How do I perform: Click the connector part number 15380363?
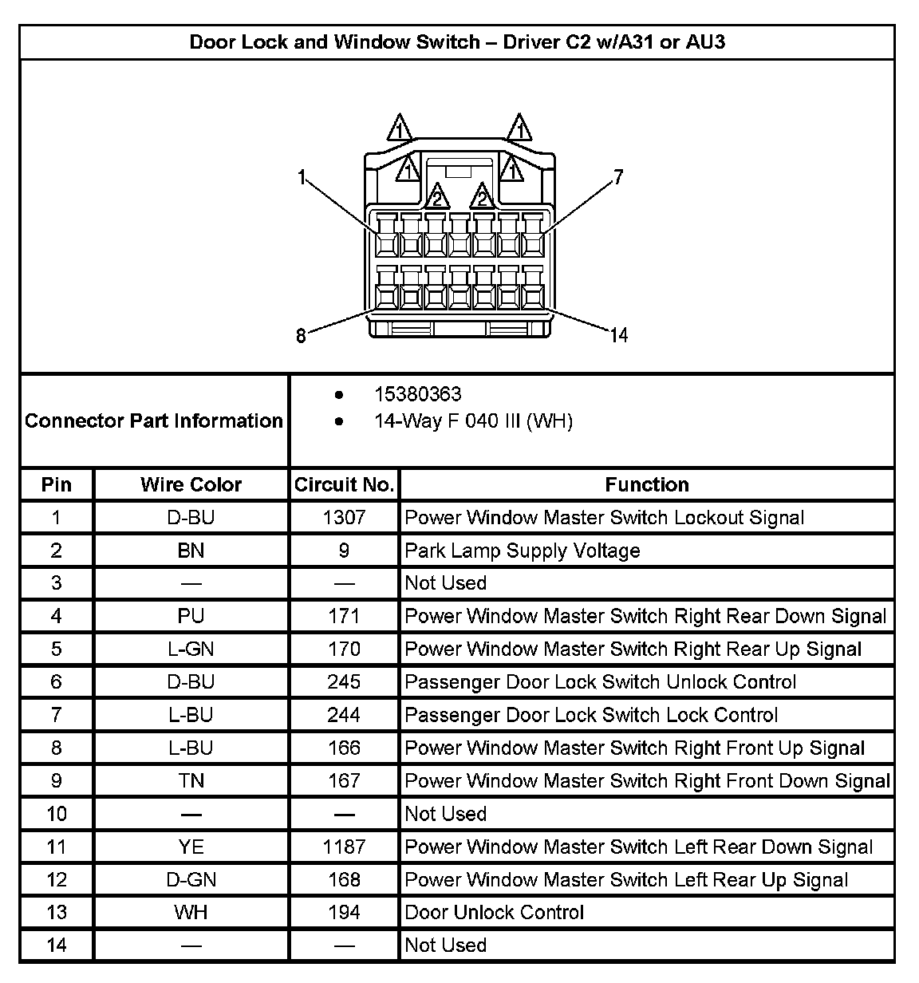click(x=417, y=394)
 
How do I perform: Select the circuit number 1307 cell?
click(x=344, y=518)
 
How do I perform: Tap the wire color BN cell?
click(x=191, y=551)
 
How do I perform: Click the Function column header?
click(x=646, y=484)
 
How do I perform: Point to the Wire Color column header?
click(x=191, y=484)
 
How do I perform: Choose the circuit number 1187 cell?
click(x=344, y=847)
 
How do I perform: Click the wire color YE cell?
click(x=191, y=847)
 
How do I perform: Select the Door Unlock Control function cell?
click(x=495, y=912)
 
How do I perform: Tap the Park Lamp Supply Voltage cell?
click(x=523, y=551)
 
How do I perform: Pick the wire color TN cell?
click(x=191, y=780)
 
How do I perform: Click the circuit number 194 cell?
click(x=344, y=912)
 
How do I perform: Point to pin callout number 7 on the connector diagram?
click(x=618, y=177)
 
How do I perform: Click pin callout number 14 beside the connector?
click(x=619, y=336)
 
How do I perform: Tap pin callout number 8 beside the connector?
click(x=301, y=336)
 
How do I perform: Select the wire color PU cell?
click(x=191, y=616)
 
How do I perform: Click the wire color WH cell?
click(x=191, y=912)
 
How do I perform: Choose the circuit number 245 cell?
click(x=344, y=682)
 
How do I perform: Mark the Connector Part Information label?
click(x=154, y=420)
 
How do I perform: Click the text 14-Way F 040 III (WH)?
click(x=473, y=420)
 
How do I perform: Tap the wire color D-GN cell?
click(x=191, y=879)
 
